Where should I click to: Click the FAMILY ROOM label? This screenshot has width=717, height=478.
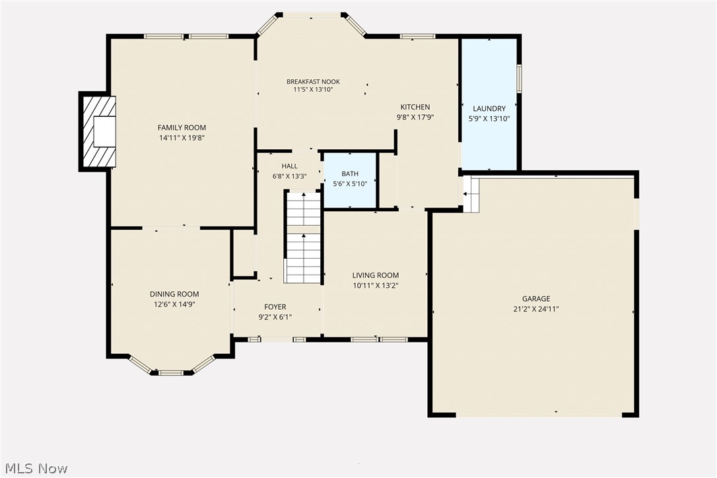click(x=182, y=127)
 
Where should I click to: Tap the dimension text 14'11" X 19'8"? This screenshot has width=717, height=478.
click(x=182, y=138)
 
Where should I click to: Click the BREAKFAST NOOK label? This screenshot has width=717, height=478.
click(x=313, y=82)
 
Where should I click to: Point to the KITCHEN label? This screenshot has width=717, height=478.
click(x=415, y=107)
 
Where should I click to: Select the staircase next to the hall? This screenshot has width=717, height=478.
click(x=303, y=238)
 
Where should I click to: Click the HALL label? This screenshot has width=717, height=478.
click(x=289, y=166)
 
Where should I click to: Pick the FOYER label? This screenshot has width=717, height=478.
click(x=275, y=307)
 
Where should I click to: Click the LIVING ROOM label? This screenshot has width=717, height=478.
click(x=375, y=275)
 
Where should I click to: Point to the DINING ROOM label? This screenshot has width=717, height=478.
click(x=174, y=294)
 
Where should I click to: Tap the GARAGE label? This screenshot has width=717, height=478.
click(x=535, y=299)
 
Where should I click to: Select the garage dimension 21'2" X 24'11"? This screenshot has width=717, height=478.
click(x=535, y=309)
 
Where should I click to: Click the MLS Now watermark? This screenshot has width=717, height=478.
click(x=34, y=469)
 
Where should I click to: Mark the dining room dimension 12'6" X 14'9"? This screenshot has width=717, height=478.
click(x=174, y=304)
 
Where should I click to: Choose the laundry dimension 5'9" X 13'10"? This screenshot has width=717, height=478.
click(x=489, y=119)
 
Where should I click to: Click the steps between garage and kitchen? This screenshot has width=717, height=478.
click(x=471, y=194)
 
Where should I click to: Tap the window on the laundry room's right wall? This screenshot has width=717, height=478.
click(x=519, y=78)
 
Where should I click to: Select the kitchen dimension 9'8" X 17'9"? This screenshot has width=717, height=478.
click(x=415, y=117)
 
